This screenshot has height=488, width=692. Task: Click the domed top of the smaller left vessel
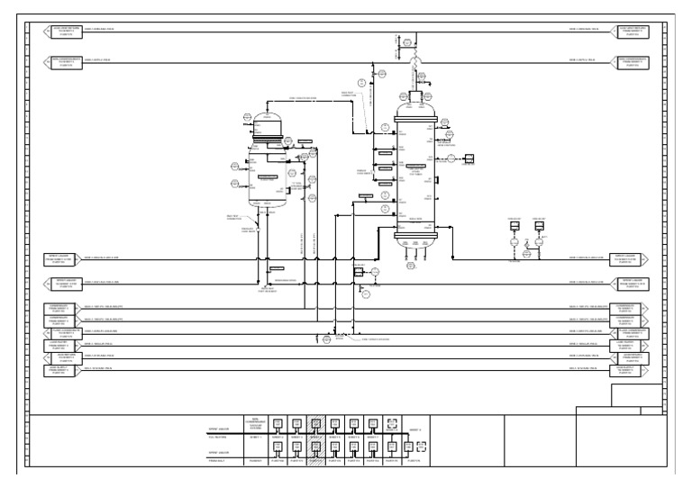point(267,118)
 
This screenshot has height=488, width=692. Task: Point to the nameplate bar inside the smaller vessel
point(268,177)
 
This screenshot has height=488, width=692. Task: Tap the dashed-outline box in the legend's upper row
point(391,423)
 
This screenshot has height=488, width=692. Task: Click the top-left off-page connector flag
point(64,32)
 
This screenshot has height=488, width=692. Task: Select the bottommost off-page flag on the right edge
point(629,371)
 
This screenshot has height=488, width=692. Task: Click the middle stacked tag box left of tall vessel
point(384,167)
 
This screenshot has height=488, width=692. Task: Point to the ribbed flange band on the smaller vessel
point(267,137)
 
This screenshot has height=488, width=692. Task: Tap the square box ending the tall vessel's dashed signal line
point(469,159)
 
